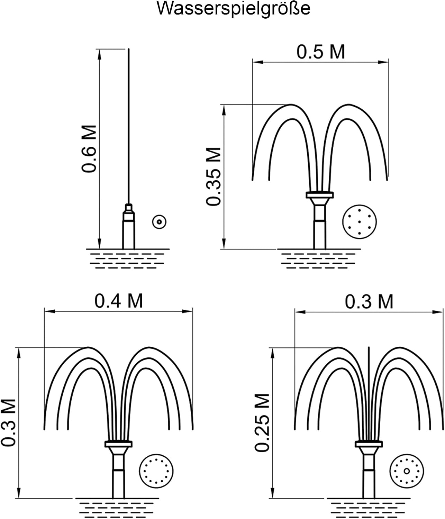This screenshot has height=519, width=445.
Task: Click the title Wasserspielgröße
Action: [233, 9]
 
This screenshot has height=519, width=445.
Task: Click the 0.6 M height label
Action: [89, 148]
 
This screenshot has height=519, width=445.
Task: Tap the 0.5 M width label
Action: [321, 52]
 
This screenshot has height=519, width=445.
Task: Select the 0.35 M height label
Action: [214, 176]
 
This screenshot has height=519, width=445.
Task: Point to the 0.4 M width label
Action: [119, 301]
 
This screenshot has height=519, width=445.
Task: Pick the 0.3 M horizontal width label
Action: [369, 302]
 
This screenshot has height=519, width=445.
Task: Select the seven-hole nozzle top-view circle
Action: [360, 222]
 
